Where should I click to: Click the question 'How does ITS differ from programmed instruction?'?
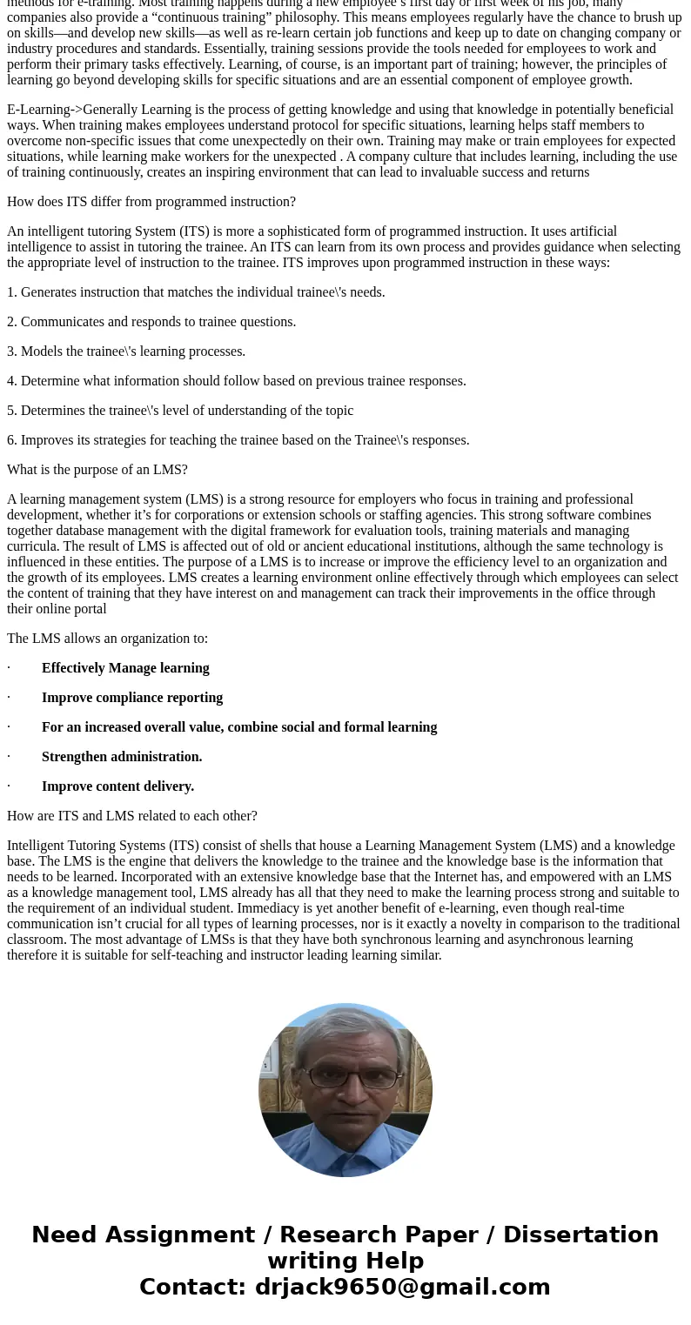click(x=151, y=202)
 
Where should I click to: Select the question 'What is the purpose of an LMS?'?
click(x=97, y=470)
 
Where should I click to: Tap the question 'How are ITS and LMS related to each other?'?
click(x=132, y=816)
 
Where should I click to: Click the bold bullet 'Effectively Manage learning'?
click(x=125, y=668)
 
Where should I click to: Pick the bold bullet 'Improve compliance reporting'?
click(x=132, y=698)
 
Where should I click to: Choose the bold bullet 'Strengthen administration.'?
click(x=122, y=757)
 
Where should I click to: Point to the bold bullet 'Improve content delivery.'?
click(x=117, y=786)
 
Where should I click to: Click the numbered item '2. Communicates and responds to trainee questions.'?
click(x=151, y=322)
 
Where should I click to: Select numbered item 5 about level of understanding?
click(x=180, y=411)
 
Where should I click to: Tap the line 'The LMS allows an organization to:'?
click(x=108, y=639)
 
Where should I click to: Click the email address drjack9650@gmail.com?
click(x=402, y=1288)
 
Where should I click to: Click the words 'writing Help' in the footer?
click(x=345, y=1261)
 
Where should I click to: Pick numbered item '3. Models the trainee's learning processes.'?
click(x=126, y=351)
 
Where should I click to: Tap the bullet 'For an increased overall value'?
click(x=239, y=727)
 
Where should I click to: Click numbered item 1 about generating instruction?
click(x=196, y=292)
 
